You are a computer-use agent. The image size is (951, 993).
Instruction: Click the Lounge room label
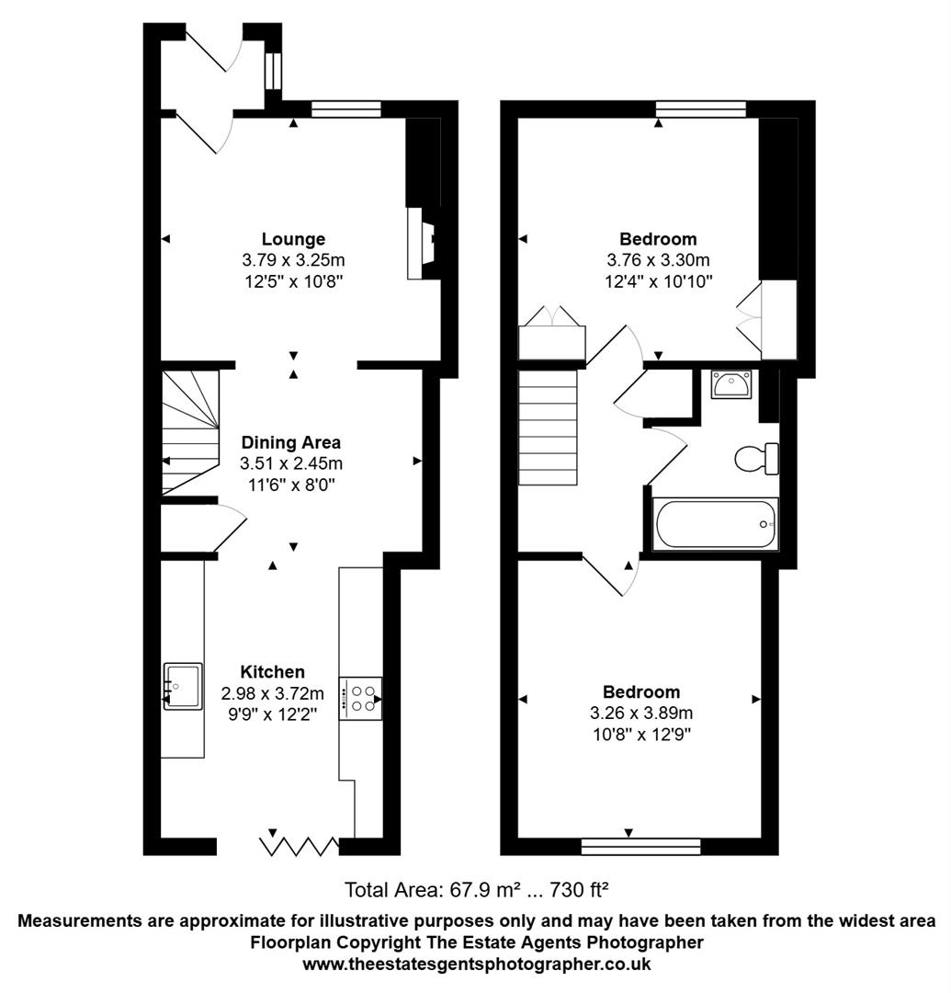point(292,239)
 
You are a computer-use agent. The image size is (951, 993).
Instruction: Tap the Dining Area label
point(290,443)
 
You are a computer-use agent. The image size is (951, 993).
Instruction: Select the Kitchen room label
point(272,672)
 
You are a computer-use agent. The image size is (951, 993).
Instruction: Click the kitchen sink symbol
point(183,686)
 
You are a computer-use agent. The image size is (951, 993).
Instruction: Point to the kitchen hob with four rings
point(361,698)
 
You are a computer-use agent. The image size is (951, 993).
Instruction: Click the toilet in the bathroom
point(758,458)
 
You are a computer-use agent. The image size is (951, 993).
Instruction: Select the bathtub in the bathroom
point(715,524)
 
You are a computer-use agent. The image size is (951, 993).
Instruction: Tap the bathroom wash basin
point(730,383)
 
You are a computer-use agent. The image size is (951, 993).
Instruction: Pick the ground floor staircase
point(191,432)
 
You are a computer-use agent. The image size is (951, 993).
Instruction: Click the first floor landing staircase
point(548,419)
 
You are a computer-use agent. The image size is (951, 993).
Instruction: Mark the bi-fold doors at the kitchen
point(300,844)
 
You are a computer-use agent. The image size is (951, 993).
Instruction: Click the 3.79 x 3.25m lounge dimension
point(292,259)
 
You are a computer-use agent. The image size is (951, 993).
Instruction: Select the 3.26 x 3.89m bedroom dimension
point(641,713)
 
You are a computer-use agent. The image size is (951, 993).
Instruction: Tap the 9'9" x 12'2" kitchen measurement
point(272,713)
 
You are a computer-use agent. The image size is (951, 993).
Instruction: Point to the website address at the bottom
point(477,964)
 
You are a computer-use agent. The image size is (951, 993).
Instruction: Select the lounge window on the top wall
point(346,109)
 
